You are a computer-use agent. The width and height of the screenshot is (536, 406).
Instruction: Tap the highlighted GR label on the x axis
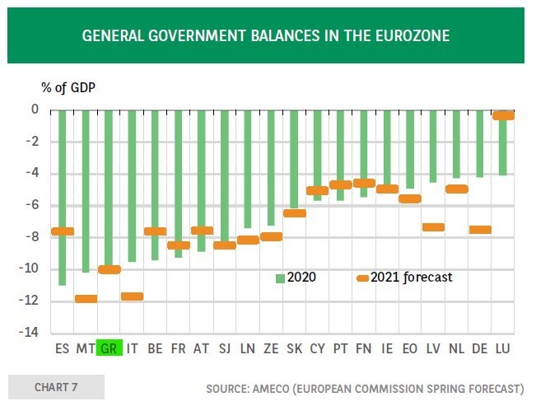click(109, 348)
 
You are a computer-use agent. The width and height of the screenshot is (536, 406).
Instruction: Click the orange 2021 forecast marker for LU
click(503, 116)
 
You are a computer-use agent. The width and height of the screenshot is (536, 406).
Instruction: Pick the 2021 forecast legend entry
click(403, 278)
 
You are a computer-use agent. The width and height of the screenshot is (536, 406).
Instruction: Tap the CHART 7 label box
click(56, 387)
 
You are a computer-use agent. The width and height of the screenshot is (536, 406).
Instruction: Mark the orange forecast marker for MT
click(86, 298)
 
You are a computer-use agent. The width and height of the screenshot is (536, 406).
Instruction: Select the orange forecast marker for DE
click(480, 230)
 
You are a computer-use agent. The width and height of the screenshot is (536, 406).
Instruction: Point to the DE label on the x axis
click(480, 349)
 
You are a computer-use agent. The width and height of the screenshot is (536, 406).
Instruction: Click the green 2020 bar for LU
click(503, 148)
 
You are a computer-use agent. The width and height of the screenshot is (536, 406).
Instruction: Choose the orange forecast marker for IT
click(132, 296)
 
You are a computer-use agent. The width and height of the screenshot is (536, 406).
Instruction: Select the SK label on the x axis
click(294, 349)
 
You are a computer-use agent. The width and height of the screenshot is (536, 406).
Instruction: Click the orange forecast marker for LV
click(433, 227)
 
